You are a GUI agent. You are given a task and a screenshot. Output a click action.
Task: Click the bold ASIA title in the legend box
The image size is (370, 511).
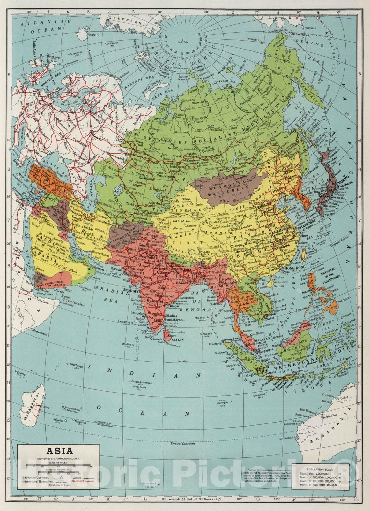click(x=60, y=451)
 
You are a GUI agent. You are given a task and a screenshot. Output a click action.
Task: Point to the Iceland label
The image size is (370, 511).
click(x=94, y=34)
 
